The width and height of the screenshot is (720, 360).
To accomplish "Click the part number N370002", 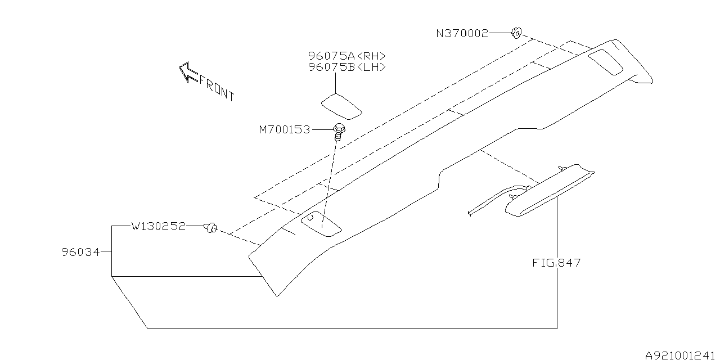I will [462, 33].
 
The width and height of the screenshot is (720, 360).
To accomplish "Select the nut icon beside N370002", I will [516, 33].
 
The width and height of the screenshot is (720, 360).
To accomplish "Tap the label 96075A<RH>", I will [347, 56].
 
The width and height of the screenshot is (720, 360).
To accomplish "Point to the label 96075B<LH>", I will [347, 67].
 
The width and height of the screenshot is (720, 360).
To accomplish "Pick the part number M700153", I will [285, 130].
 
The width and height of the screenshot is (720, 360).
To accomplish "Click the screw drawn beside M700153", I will [339, 132].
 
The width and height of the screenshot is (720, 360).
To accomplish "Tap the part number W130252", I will [158, 227].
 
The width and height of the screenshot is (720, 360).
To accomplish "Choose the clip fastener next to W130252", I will [211, 227].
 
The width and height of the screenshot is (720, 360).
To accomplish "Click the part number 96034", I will [80, 253].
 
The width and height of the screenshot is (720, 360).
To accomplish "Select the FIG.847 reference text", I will [557, 263].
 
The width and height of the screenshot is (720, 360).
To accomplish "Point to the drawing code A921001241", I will [681, 355].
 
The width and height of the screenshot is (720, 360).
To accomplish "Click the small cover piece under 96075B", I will [341, 106].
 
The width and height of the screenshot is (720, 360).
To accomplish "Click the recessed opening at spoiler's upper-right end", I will [606, 61].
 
